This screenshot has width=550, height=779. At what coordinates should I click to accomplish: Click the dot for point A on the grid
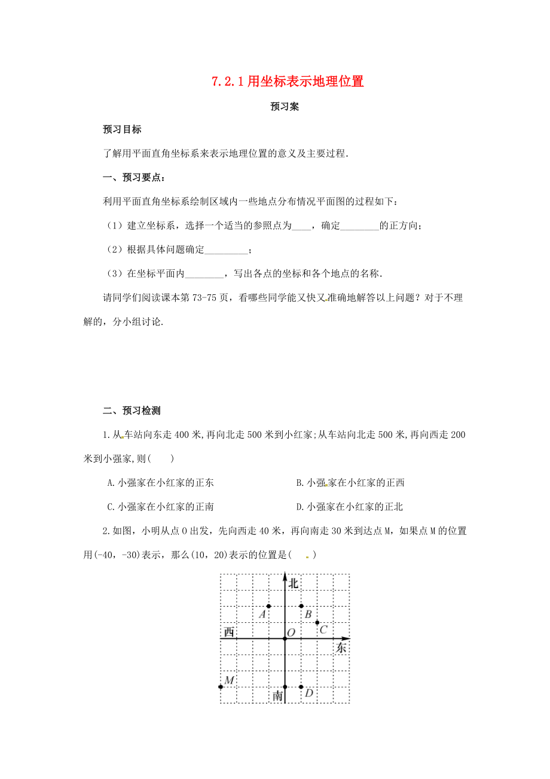coord(269,606)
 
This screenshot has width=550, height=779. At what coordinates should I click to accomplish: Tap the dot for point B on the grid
coord(301,606)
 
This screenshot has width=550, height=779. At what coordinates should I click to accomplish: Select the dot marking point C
coord(317,622)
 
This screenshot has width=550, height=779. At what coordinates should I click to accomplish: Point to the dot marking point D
coord(301,687)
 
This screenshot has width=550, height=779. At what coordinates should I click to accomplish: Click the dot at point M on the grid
coord(221,687)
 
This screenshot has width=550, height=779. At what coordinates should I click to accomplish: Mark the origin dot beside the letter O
coord(285,638)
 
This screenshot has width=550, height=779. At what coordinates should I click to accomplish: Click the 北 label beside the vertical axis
coord(293,584)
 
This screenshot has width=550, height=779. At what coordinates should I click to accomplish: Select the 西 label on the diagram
coord(228,632)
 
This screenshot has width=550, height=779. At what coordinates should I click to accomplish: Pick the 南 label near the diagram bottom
coord(277,696)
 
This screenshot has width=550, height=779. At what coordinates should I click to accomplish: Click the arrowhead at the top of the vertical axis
coord(285,577)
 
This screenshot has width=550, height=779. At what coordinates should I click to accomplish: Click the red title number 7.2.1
coord(227,82)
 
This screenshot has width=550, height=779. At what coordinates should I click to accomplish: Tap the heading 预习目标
coord(122,129)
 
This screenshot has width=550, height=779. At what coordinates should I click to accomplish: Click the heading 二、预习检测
coord(132,410)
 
